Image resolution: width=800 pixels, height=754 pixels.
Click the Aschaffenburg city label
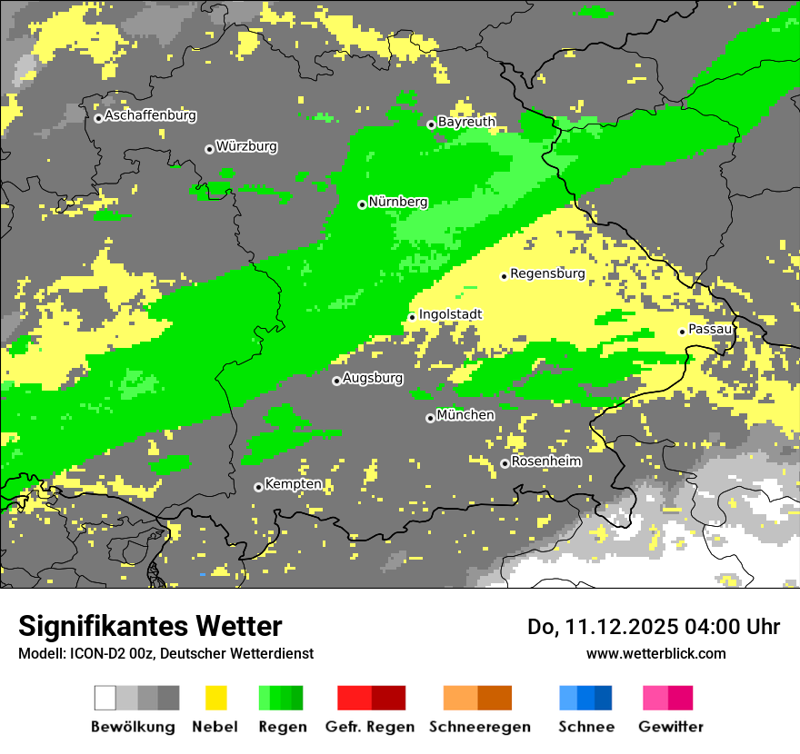point(150,115)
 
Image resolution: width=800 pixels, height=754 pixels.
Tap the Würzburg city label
point(246,146)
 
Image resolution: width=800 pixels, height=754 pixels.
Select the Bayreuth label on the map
point(466,122)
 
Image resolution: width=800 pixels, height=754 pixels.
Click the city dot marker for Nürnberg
point(362,204)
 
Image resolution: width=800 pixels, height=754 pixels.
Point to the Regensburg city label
point(547,273)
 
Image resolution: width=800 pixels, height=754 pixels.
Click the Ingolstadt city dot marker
point(412,317)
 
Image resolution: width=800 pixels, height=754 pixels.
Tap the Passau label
point(710,329)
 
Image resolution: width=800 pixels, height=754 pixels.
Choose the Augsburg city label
point(373,379)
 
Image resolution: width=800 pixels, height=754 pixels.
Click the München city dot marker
point(430,418)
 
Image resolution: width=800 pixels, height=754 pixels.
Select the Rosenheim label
point(545,461)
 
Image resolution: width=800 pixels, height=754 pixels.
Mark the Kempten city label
point(293,484)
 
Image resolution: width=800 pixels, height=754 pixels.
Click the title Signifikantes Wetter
point(150,627)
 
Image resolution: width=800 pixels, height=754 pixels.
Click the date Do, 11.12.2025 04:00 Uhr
point(654,627)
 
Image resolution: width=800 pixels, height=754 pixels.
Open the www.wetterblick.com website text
point(655,653)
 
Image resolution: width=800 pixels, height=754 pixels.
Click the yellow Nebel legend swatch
point(215,698)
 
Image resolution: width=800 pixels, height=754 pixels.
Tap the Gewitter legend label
point(670,727)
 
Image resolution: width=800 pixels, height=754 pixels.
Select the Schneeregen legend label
point(480,727)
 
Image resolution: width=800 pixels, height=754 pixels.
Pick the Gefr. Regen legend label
point(369,727)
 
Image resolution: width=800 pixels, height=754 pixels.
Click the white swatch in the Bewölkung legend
point(105,698)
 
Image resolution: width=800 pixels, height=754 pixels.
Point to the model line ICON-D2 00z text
point(165,653)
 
